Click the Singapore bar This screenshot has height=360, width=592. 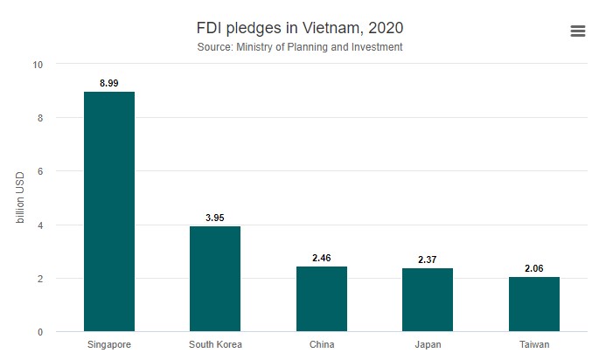(108, 211)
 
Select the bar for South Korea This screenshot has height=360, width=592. (215, 279)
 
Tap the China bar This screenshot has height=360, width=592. (322, 299)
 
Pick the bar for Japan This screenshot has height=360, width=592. (428, 300)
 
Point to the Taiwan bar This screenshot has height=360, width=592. (534, 304)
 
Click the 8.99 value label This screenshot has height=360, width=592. (108, 83)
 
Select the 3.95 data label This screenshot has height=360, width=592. (215, 218)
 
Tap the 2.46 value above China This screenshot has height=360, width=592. (322, 258)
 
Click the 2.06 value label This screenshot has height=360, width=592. (534, 268)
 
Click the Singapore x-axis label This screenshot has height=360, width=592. (108, 344)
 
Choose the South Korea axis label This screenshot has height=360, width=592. (215, 344)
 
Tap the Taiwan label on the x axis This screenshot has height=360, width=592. (534, 344)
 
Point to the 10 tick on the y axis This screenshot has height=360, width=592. (37, 65)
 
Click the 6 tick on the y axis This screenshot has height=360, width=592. (39, 171)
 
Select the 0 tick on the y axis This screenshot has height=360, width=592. (39, 332)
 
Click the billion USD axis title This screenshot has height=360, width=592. (20, 198)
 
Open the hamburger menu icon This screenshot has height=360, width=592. (577, 31)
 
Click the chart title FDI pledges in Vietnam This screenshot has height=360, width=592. (300, 27)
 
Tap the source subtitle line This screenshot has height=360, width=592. (300, 47)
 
